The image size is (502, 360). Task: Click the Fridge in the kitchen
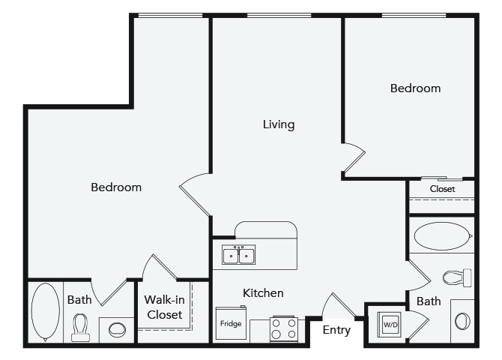coord(231,322)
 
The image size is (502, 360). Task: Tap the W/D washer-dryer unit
coord(390,324)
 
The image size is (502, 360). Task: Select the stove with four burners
coord(284,328)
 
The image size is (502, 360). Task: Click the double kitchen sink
coord(238,255)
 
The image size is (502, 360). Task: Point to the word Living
coord(279,124)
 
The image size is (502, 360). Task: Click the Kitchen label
coord(263,293)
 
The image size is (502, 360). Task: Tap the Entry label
coord(336,330)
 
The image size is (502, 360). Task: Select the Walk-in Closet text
coord(165,307)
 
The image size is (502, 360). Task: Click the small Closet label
coord(442,189)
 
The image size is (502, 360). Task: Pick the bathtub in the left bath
coord(45,312)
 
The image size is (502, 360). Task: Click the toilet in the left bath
coord(80,327)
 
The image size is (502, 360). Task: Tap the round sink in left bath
coord(117,330)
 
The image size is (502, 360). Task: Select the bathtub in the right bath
coord(443,236)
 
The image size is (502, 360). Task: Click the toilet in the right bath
coord(457,277)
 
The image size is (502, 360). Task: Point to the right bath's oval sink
coord(462,321)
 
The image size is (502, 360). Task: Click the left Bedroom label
coord(116,187)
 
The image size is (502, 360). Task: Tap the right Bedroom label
coord(415,88)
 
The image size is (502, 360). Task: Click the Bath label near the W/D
coord(429,301)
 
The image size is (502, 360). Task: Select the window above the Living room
coord(279,15)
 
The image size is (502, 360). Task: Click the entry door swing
coord(338,305)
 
